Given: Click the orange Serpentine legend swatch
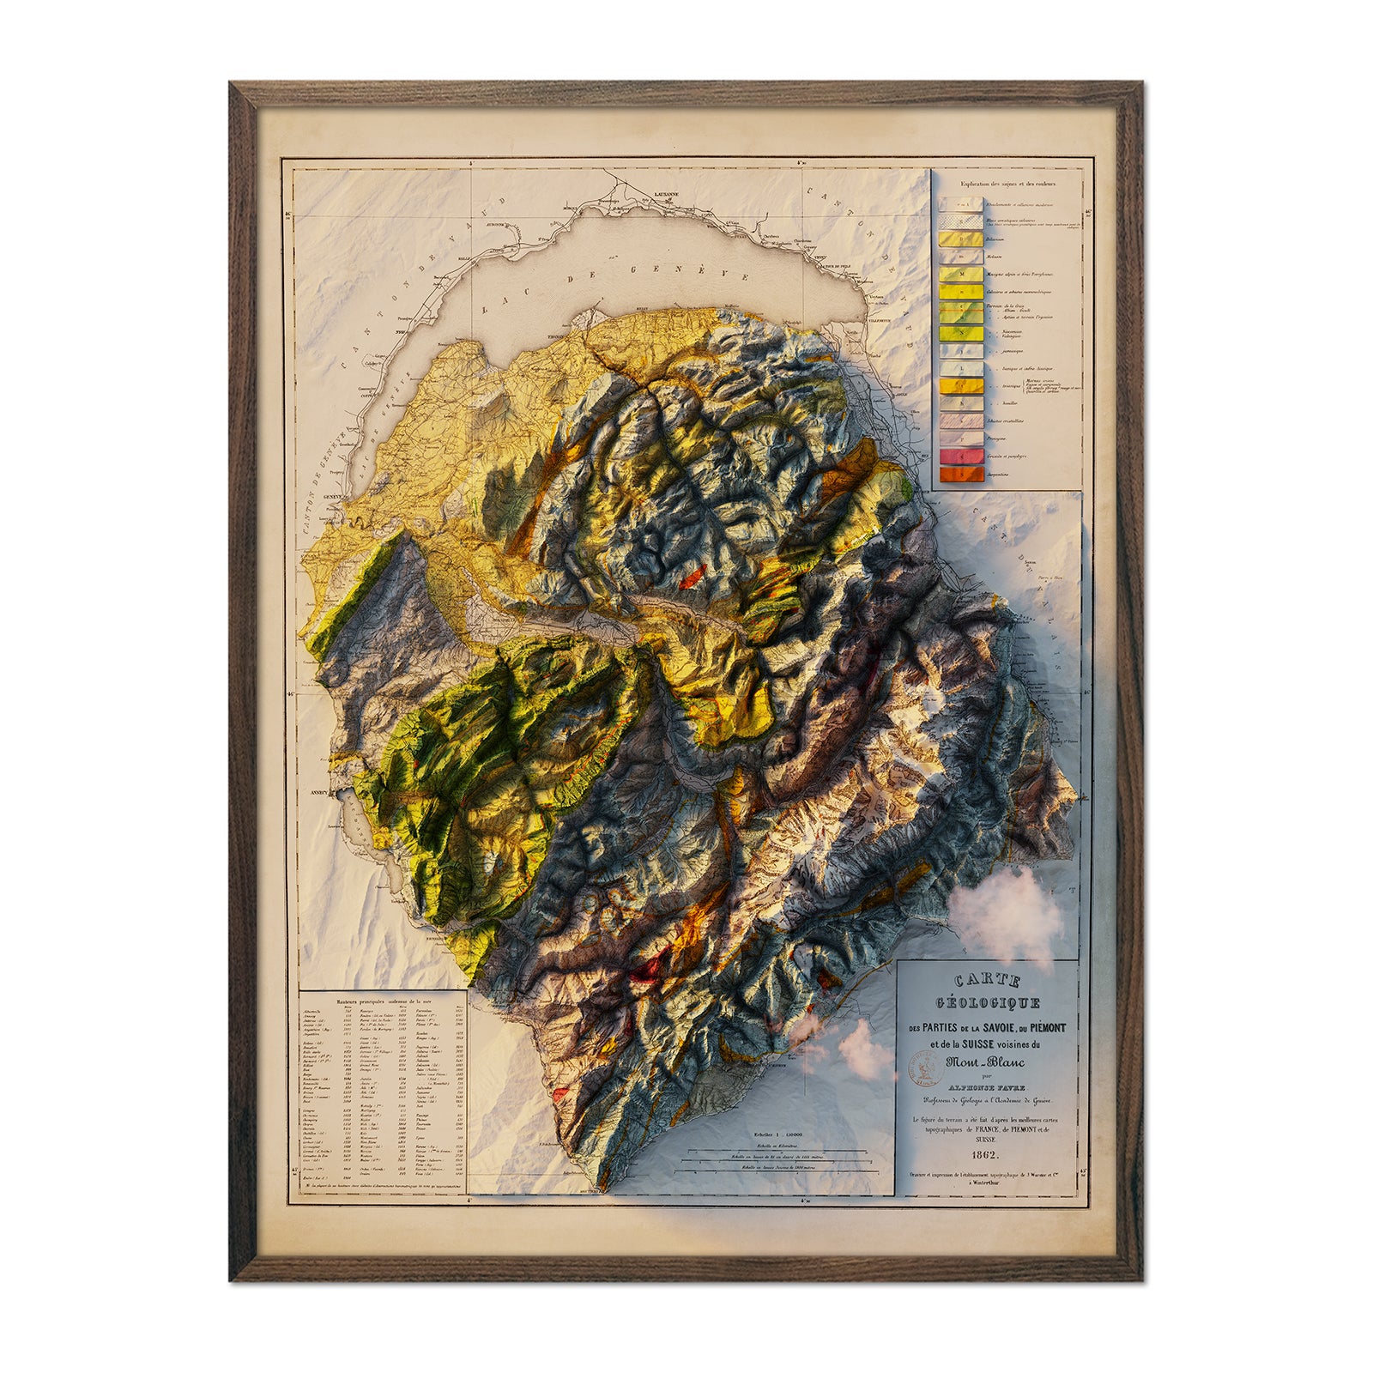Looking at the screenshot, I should (x=961, y=475).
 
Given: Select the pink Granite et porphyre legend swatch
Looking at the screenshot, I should (x=961, y=457).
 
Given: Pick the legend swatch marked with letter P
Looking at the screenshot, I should (x=961, y=439).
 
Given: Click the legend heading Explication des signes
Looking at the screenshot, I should (x=1008, y=184).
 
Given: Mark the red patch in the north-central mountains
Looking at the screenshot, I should (x=692, y=577).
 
